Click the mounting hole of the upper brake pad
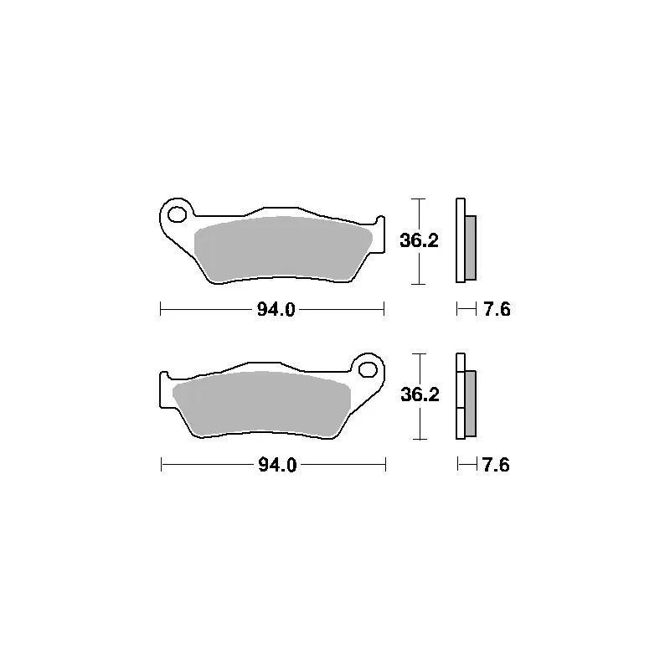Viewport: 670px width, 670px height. tap(177, 214)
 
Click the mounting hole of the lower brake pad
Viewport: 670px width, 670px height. tap(368, 369)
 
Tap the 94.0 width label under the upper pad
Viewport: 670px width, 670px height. tap(276, 309)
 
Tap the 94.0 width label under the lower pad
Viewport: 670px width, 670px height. tap(277, 465)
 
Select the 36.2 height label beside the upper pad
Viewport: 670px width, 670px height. tap(420, 240)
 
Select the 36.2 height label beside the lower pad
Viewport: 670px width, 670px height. tap(420, 394)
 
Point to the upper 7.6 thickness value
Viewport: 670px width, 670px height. tap(497, 309)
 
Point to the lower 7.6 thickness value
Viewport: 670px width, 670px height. tap(496, 465)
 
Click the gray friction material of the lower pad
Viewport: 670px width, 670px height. tap(260, 404)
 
